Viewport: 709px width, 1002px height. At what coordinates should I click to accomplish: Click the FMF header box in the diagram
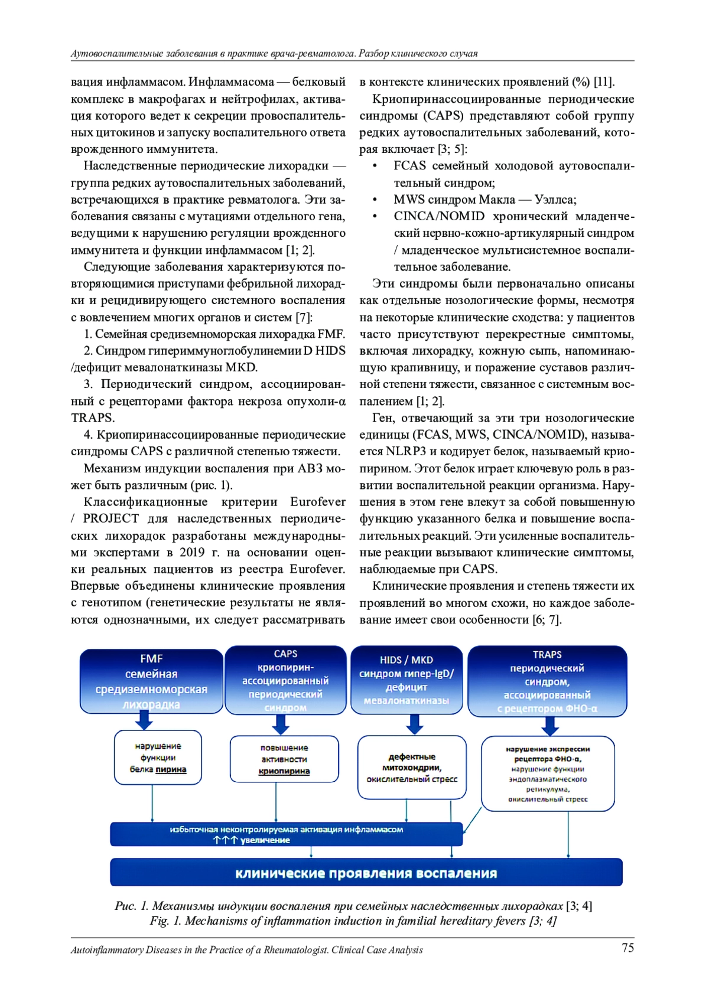(x=151, y=680)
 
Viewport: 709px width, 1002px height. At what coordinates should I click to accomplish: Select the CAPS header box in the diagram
(x=285, y=680)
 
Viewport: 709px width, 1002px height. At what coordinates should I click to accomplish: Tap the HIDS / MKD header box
(x=406, y=680)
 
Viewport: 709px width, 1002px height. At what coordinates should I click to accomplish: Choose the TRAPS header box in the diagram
(x=547, y=681)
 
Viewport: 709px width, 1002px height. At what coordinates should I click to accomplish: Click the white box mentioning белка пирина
(x=158, y=758)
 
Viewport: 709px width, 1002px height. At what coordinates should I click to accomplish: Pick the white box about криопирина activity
(x=284, y=759)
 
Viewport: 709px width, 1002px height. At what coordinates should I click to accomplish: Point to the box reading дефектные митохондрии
(x=412, y=767)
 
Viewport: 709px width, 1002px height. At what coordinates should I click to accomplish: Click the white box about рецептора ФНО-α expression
(x=548, y=773)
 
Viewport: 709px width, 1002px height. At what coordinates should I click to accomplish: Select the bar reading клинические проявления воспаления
(x=366, y=873)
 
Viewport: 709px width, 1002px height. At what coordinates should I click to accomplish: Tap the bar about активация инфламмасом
(x=287, y=834)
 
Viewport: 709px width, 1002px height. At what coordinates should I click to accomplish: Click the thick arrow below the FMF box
(x=144, y=720)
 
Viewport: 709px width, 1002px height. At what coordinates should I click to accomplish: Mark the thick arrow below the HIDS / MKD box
(x=415, y=724)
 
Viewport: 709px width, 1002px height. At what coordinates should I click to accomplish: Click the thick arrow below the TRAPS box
(x=548, y=726)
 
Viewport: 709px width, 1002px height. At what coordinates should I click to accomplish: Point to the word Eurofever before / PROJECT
(x=318, y=502)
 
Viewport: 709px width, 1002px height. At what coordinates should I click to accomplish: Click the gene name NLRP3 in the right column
(x=406, y=452)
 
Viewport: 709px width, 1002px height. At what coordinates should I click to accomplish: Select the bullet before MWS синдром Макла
(x=375, y=200)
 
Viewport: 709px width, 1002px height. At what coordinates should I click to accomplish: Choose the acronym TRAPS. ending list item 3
(x=93, y=418)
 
